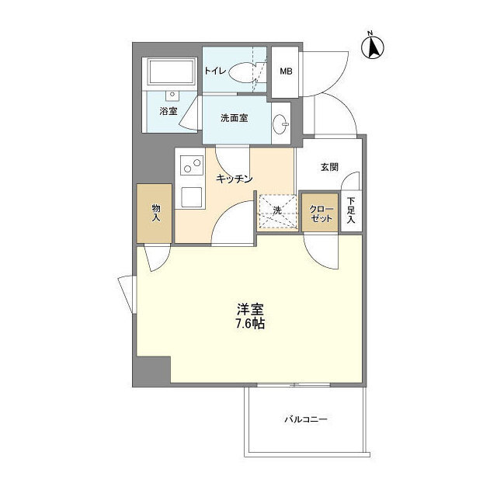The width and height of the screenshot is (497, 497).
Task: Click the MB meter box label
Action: click(286, 71)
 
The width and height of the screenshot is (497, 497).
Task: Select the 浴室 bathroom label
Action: click(168, 110)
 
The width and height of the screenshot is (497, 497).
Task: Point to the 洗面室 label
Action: click(234, 119)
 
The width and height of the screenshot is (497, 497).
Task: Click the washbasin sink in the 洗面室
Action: click(281, 123)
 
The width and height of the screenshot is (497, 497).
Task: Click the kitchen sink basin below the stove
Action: click(191, 196)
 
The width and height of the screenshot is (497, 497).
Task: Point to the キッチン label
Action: click(234, 179)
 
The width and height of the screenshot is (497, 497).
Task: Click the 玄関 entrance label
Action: click(329, 166)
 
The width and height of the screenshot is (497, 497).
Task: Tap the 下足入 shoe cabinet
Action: click(351, 211)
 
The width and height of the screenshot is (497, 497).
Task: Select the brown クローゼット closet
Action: click(319, 213)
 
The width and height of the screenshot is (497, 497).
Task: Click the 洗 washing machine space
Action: click(277, 211)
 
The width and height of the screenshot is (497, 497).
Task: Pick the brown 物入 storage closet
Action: click(155, 213)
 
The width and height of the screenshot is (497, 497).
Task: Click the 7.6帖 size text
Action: click(249, 323)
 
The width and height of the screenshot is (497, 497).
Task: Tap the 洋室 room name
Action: click(248, 307)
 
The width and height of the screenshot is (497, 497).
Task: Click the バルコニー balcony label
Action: click(305, 420)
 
